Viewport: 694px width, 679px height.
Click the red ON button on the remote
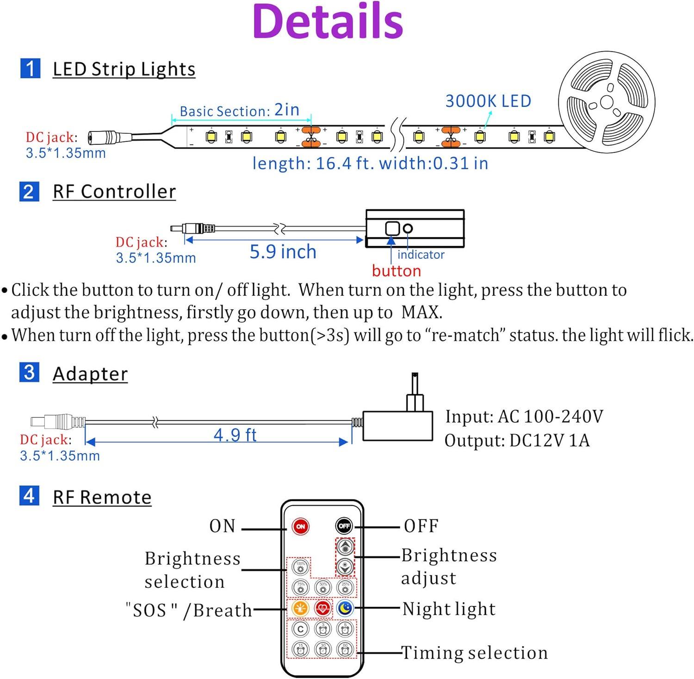tap(300, 526)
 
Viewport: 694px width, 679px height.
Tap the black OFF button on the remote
tap(344, 526)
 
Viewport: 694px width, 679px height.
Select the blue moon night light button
tap(345, 608)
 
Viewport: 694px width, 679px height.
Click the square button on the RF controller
tap(392, 228)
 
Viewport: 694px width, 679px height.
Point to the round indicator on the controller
tap(408, 228)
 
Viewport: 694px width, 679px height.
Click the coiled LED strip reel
tap(607, 102)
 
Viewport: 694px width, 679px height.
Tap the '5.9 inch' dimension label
tap(283, 252)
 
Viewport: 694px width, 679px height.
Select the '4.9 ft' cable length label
tap(235, 435)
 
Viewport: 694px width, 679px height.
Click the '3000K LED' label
tap(488, 101)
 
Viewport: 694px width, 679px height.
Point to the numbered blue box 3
tap(29, 373)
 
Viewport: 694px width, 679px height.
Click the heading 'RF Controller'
tap(114, 192)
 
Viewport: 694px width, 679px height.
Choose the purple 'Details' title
tap(328, 21)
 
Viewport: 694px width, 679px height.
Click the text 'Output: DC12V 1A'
tap(517, 440)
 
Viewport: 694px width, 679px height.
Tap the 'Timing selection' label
tap(474, 653)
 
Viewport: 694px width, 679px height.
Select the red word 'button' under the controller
tap(396, 271)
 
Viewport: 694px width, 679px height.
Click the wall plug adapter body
tap(397, 425)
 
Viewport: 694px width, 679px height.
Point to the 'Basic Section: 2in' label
tap(239, 111)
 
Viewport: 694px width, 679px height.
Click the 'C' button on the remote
tap(301, 629)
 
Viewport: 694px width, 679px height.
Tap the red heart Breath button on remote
tap(322, 608)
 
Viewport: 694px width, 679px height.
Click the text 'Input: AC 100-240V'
tap(524, 417)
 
